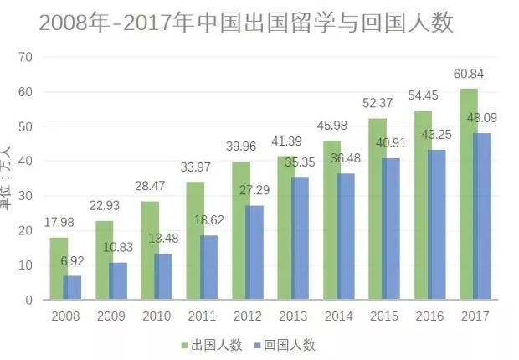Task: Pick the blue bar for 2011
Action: [209, 267]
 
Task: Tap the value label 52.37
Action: [376, 104]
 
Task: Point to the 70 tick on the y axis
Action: [25, 57]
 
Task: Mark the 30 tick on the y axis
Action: [25, 196]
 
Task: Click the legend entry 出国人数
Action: [212, 345]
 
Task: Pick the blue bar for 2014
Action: [345, 236]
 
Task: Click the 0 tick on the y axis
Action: [28, 300]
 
